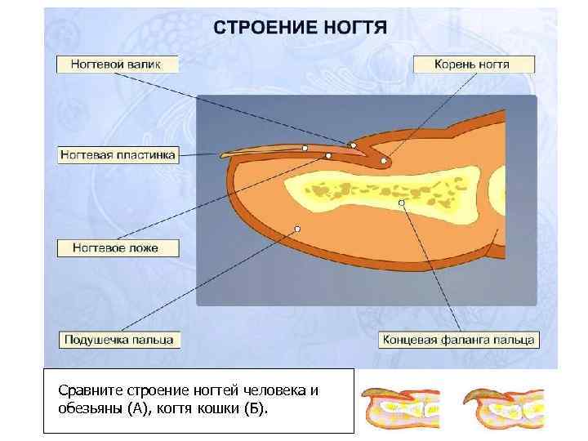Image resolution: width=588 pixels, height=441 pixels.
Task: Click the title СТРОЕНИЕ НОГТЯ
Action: (x=301, y=27)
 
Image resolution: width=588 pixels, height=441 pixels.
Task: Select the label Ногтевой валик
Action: (x=116, y=64)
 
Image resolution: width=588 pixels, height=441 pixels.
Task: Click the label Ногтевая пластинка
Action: (x=116, y=154)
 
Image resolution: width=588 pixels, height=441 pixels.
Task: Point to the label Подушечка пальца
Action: (x=120, y=339)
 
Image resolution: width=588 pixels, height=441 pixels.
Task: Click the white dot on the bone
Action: (x=401, y=202)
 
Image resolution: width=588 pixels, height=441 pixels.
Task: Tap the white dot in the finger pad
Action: (x=297, y=229)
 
